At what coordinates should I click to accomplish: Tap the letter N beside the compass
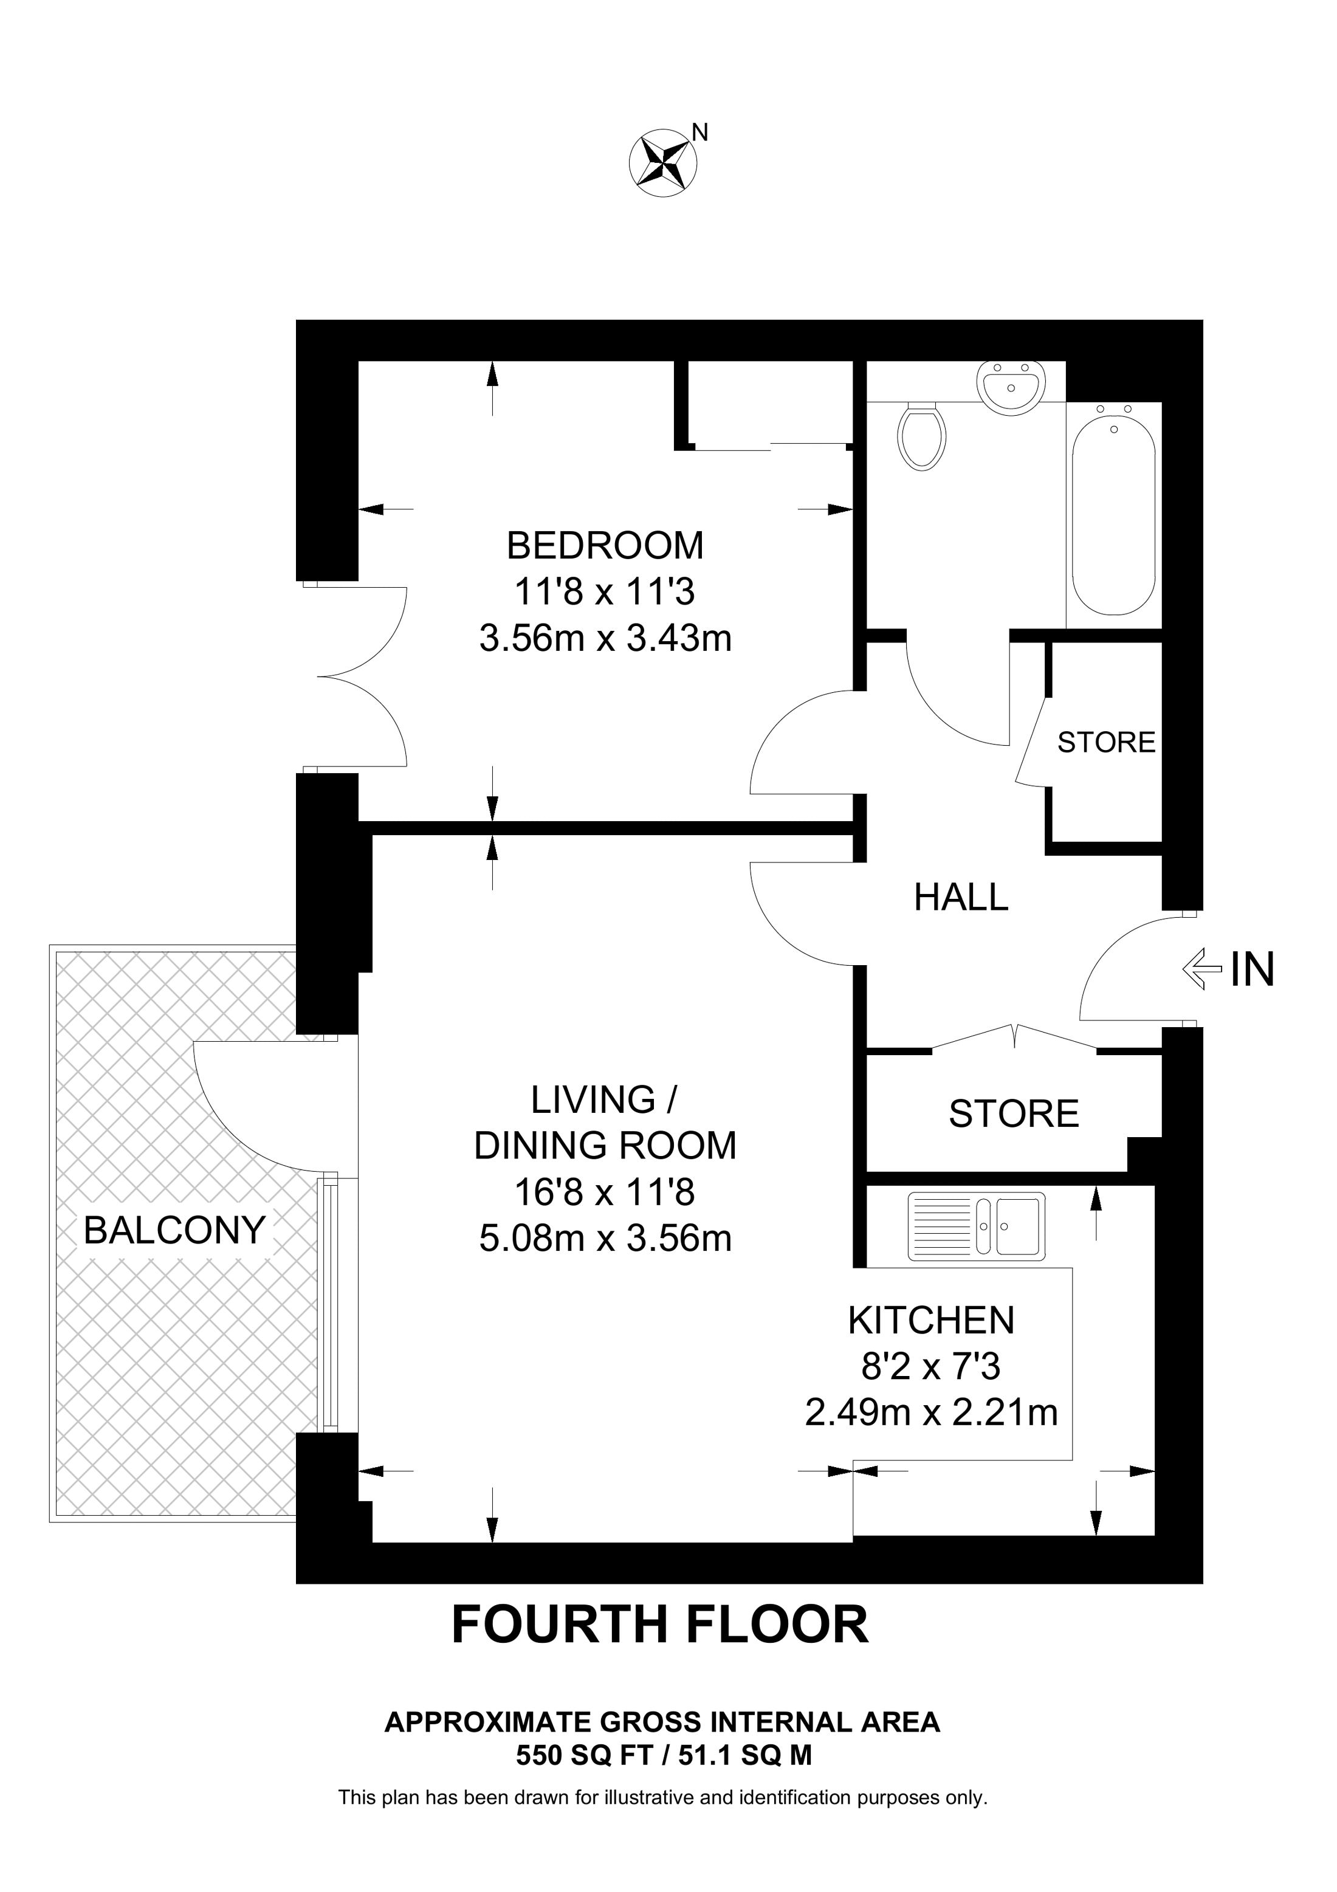point(699,132)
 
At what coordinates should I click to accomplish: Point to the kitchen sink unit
point(976,1226)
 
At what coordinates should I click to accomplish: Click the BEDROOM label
point(605,546)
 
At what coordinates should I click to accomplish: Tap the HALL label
point(961,898)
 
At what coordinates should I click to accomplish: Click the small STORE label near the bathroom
point(1105,743)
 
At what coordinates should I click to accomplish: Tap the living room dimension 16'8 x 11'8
point(605,1192)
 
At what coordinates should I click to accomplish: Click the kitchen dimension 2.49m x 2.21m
point(931,1412)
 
